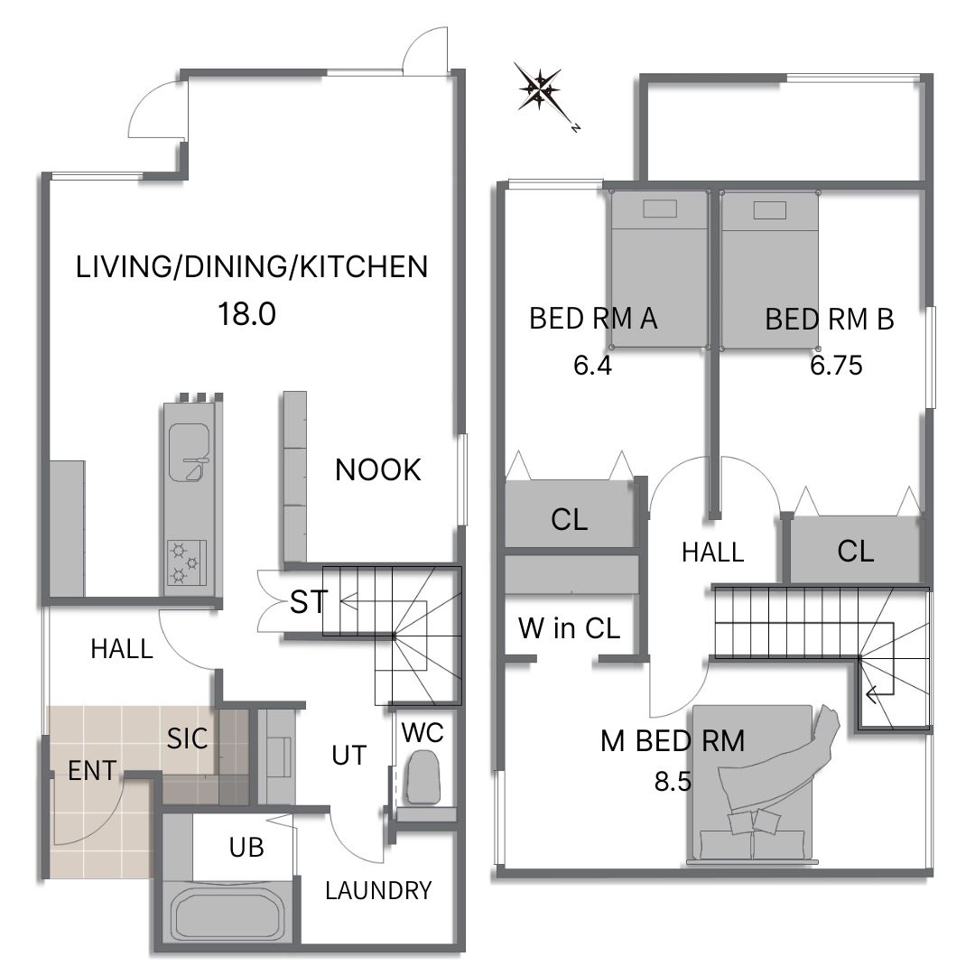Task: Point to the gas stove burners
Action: [186, 562]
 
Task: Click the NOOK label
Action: [378, 470]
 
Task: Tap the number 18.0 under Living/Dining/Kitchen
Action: [246, 314]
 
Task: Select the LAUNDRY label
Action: [378, 890]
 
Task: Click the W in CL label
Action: [569, 628]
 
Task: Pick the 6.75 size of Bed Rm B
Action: [836, 365]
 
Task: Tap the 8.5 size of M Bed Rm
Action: [673, 781]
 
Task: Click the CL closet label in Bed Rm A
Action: [569, 519]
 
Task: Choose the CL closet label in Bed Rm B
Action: [856, 551]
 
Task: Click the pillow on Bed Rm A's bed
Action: [660, 209]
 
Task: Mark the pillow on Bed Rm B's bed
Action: [769, 210]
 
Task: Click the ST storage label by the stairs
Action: [309, 601]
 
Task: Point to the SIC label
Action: [187, 738]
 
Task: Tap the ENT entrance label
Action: [92, 771]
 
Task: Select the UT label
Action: [348, 755]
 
